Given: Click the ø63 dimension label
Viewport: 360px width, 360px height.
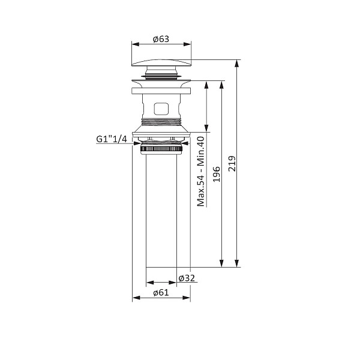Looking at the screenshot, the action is (x=161, y=39).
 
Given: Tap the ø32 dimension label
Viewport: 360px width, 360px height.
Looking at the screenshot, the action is (x=187, y=278).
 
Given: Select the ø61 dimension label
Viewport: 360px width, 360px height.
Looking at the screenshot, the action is (x=161, y=293).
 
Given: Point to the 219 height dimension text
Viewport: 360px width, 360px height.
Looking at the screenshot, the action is (x=232, y=163).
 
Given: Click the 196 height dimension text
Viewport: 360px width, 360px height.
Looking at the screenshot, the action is (x=217, y=175).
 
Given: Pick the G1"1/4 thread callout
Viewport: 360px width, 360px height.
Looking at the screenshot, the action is (x=112, y=139).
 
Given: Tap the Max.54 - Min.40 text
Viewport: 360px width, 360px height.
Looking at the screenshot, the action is (x=200, y=171).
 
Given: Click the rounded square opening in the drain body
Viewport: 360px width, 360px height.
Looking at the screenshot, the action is (x=161, y=109).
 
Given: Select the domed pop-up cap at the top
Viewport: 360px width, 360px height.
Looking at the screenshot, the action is (x=161, y=62).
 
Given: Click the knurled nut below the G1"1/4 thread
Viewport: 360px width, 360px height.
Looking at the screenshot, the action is (x=161, y=149).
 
